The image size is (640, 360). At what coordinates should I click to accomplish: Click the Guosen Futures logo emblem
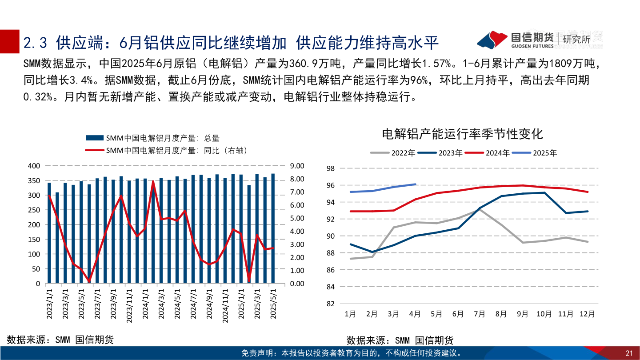[492, 40]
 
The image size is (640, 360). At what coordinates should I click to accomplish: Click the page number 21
[628, 353]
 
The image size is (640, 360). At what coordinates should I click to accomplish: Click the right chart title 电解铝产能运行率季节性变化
[462, 133]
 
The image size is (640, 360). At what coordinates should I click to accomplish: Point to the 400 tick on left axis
[34, 166]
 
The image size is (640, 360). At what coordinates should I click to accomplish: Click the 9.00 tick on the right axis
[296, 166]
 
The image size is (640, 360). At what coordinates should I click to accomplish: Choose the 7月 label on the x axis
[480, 314]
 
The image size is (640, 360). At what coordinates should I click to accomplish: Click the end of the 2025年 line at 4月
[415, 184]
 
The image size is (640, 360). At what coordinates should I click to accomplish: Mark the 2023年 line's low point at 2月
[372, 252]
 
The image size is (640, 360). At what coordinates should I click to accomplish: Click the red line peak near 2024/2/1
[153, 181]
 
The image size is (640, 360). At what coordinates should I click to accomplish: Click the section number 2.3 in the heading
[35, 43]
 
